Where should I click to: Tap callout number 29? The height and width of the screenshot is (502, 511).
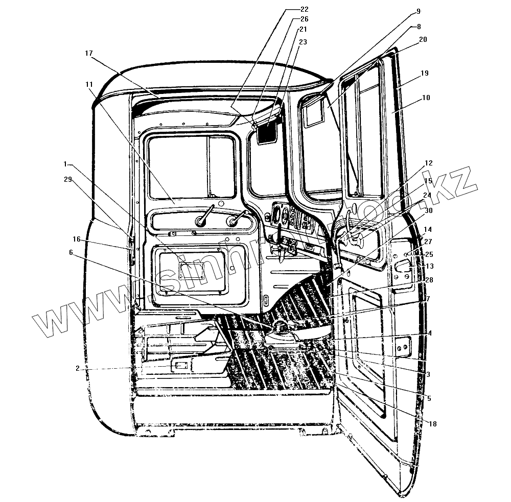[68, 179]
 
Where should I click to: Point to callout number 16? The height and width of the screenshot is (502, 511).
[76, 239]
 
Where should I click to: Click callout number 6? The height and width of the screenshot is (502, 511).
[71, 252]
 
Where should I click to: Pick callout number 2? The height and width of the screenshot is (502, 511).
[77, 368]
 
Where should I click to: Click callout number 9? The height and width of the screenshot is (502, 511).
[418, 11]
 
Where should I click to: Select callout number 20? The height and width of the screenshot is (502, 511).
[423, 39]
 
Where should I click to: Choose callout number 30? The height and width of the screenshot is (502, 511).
[428, 210]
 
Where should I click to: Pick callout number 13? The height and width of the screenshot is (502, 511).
[429, 266]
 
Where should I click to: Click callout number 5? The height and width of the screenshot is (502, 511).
[428, 398]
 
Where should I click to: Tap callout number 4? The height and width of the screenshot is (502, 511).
[430, 333]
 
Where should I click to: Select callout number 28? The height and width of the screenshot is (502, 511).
[428, 280]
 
